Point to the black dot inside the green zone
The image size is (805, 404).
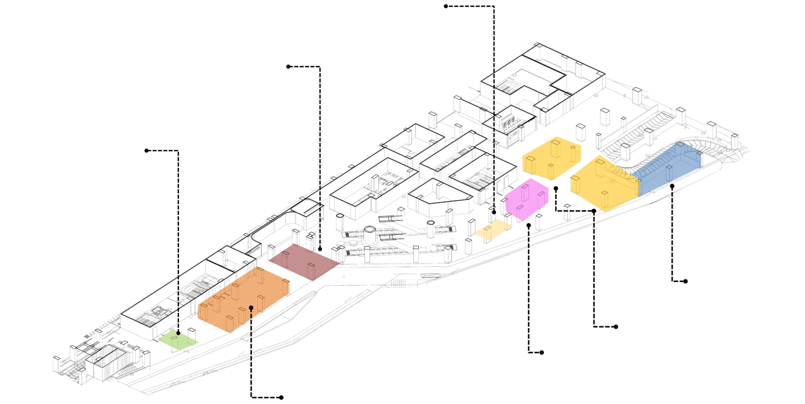tap(178, 333)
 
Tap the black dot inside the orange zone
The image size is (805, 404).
tap(252, 307)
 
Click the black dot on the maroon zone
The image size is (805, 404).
tap(320, 248)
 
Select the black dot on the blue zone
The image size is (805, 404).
tap(672, 185)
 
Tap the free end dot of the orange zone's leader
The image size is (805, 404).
tap(281, 398)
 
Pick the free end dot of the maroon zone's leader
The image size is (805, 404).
tap(288, 67)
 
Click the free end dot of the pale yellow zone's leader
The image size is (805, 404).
tap(446, 6)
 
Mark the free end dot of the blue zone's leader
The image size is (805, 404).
tap(686, 281)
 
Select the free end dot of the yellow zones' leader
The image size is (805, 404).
tap(617, 327)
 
